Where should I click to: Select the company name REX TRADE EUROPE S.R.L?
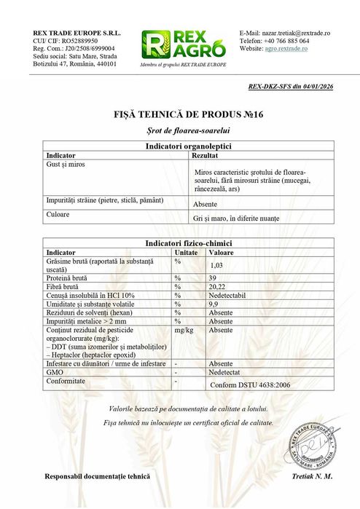click(x=77, y=33)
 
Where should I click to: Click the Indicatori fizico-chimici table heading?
click(x=179, y=242)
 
